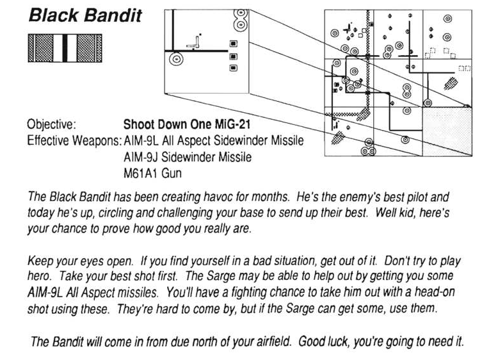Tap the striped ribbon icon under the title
64,48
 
